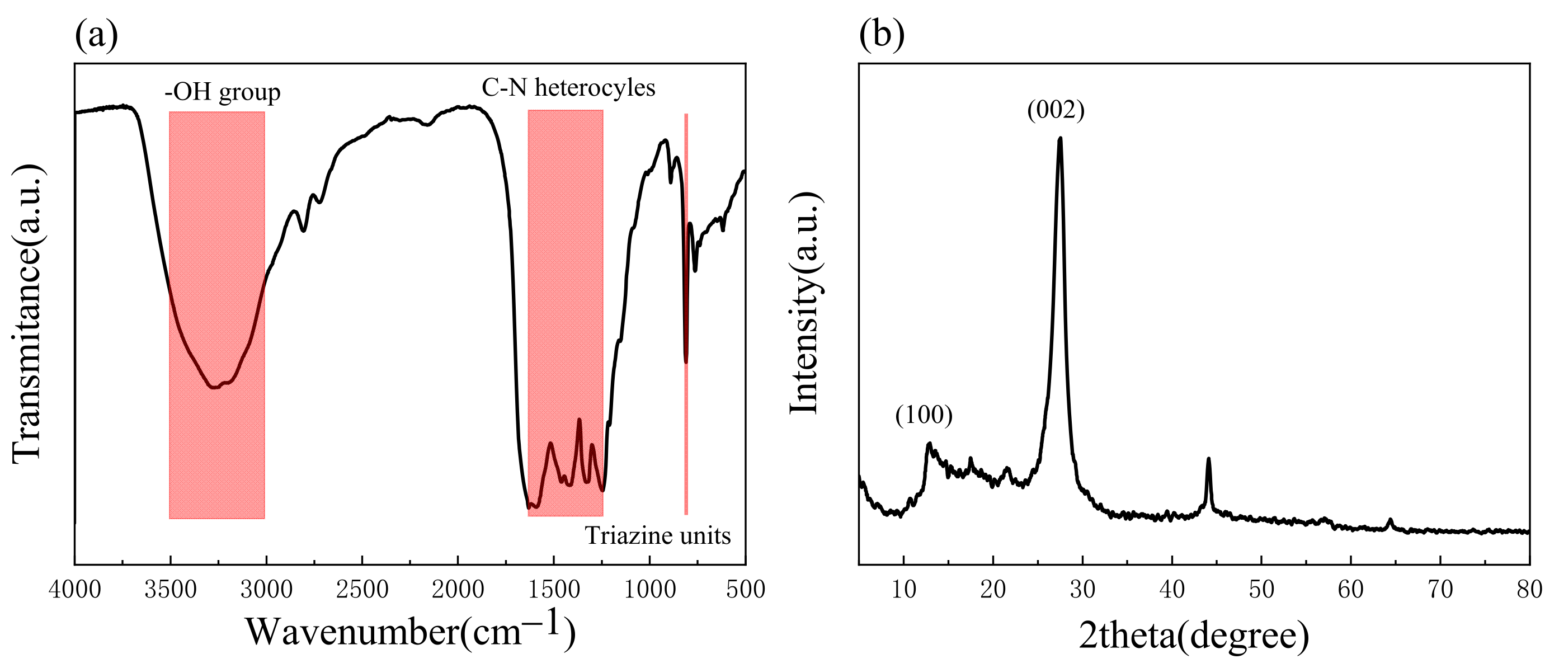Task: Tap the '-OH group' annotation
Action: pyautogui.click(x=222, y=92)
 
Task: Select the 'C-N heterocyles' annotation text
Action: pyautogui.click(x=568, y=88)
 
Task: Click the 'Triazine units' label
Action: pyautogui.click(x=657, y=536)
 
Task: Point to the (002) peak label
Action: pyautogui.click(x=1056, y=110)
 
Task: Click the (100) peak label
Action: pyautogui.click(x=924, y=415)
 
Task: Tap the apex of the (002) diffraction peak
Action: pyautogui.click(x=1059, y=139)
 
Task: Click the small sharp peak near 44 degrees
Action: pyautogui.click(x=1209, y=460)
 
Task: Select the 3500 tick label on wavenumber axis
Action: pyautogui.click(x=170, y=589)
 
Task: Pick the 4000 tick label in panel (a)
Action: pyautogui.click(x=75, y=589)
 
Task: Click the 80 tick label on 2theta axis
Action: pyautogui.click(x=1529, y=589)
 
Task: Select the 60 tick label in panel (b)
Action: pyautogui.click(x=1350, y=589)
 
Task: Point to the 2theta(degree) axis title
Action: pyautogui.click(x=1194, y=636)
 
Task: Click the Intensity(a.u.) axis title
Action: pyautogui.click(x=805, y=303)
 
